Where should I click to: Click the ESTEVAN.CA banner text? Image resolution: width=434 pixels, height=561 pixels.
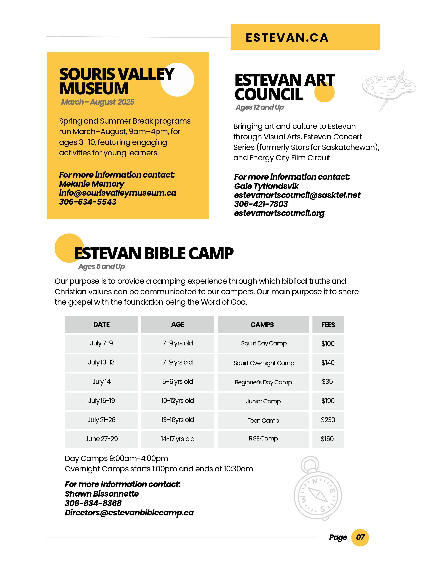[287, 38]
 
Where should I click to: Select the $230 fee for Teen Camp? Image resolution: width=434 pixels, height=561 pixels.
[328, 420]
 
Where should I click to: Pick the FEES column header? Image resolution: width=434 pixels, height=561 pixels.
[328, 325]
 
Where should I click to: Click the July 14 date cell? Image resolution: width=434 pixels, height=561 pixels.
[101, 381]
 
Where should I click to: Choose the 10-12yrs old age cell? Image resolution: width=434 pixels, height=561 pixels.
[177, 401]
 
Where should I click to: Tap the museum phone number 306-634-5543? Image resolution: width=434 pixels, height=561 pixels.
[88, 202]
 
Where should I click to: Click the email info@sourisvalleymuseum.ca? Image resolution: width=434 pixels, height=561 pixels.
[117, 193]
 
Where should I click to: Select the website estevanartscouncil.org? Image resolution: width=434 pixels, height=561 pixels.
[279, 213]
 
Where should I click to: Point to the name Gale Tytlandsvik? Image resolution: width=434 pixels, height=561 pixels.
[266, 186]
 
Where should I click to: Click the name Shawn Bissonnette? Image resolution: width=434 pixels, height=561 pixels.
[102, 494]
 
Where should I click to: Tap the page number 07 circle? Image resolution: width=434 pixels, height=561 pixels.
[360, 537]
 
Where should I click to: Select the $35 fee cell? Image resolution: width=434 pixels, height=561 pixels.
[327, 381]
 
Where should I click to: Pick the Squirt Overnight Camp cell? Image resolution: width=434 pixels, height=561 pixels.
[263, 363]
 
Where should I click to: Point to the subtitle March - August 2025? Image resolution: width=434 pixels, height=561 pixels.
[98, 102]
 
